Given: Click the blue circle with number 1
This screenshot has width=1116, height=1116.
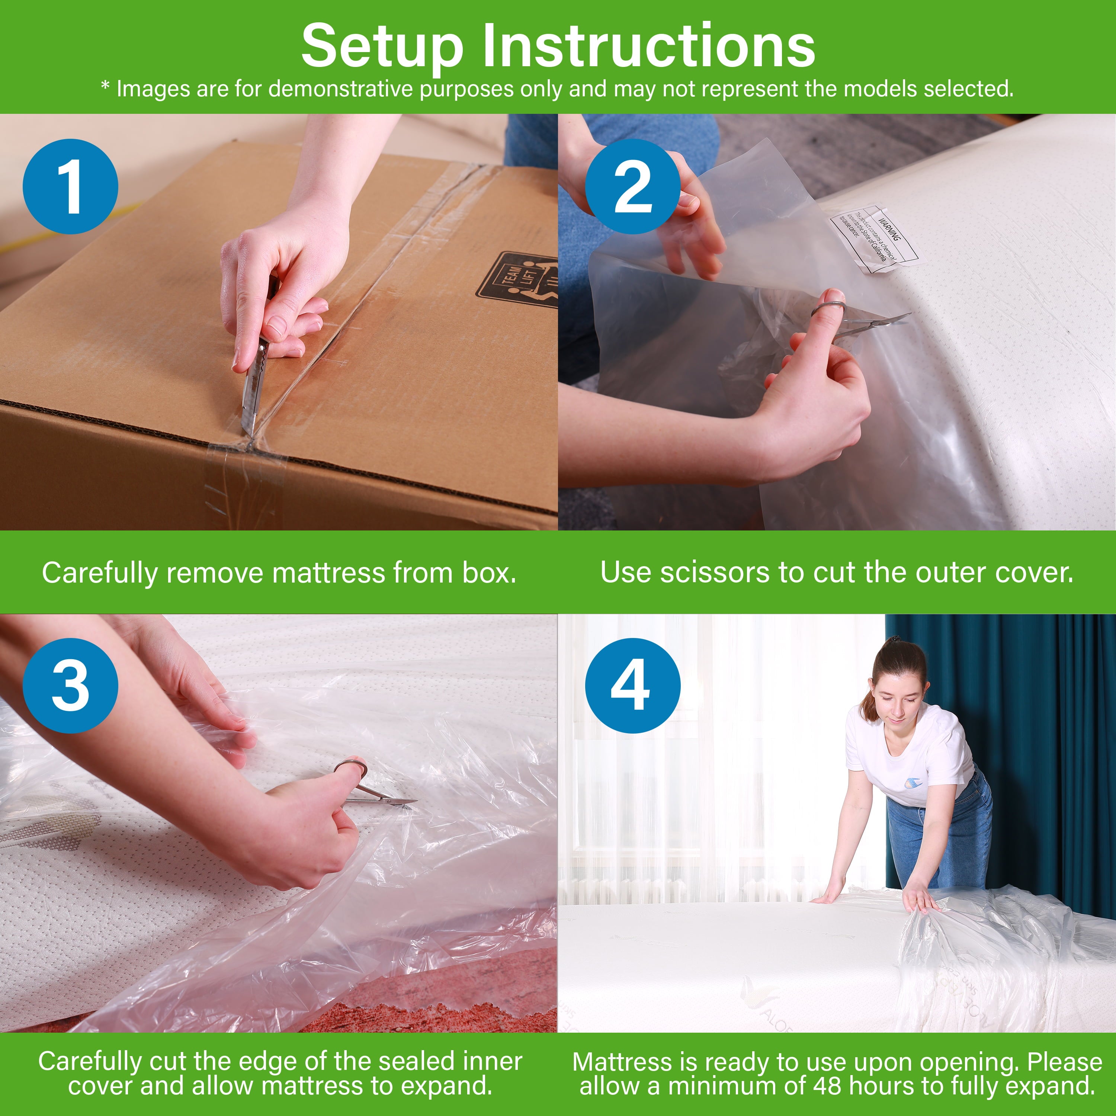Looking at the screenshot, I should pyautogui.click(x=70, y=187).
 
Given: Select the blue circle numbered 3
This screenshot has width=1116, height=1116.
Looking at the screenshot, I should pyautogui.click(x=70, y=686).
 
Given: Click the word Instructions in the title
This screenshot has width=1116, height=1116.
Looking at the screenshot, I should pyautogui.click(x=648, y=46).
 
